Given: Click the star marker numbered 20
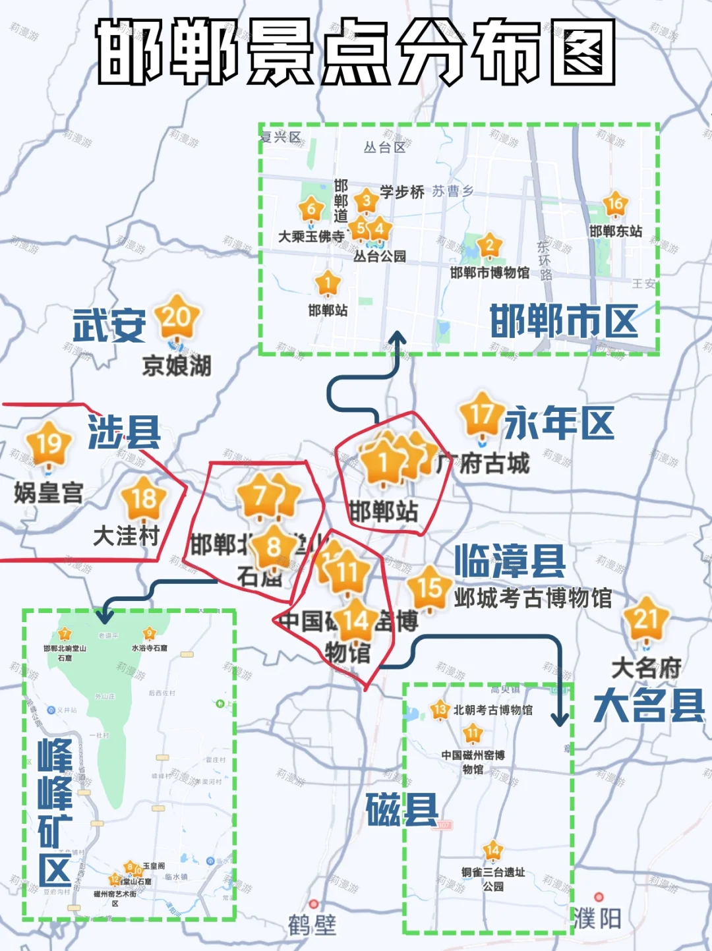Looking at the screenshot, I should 177,318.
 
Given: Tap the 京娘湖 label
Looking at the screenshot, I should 177,365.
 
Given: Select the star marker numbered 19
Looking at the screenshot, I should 48,444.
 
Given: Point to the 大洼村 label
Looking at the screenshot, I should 126,535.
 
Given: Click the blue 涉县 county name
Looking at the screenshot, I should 125,432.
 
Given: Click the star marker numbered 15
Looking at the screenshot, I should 429,587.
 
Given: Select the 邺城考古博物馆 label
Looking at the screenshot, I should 533,598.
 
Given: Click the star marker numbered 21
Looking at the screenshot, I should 646,620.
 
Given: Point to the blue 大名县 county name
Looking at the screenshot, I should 649,705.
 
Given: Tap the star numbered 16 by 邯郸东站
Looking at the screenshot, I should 615,205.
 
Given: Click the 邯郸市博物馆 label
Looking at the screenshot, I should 490,272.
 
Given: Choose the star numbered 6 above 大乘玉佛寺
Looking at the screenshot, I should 311,210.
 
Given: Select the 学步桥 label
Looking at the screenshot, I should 402,192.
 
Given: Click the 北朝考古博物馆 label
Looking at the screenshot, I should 492,710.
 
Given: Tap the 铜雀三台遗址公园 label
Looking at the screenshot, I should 493,879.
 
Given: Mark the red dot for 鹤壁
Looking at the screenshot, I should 314,904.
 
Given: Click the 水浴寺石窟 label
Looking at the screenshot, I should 150,648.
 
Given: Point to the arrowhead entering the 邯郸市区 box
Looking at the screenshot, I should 397,338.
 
